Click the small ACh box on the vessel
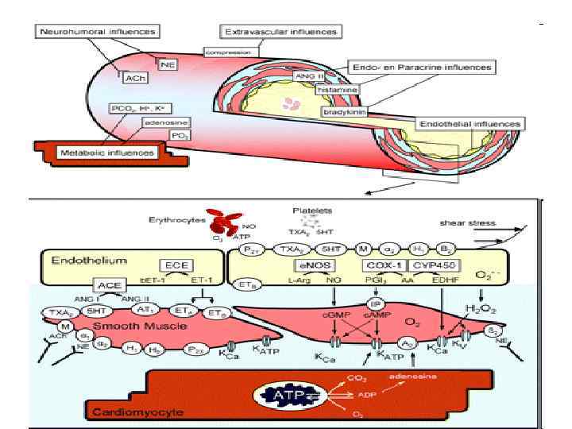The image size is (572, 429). [x=132, y=77]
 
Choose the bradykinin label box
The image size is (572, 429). [x=343, y=112]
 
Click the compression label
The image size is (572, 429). [x=229, y=52]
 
